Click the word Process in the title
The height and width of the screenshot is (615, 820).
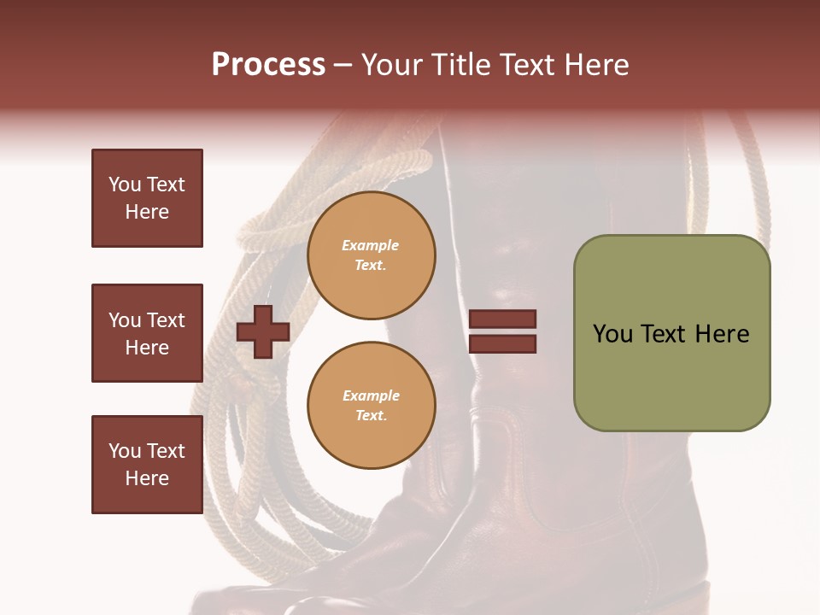click(268, 65)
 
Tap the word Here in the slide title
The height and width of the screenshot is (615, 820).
click(594, 65)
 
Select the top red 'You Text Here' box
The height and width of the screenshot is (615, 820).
click(147, 198)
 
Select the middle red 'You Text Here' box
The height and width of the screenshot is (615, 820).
click(147, 333)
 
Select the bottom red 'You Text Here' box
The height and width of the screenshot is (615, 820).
click(147, 465)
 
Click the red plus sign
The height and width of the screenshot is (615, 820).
click(263, 331)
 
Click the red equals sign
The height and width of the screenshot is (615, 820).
click(503, 331)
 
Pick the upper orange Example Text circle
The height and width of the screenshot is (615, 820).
click(371, 255)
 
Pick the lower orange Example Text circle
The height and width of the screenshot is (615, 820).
click(371, 406)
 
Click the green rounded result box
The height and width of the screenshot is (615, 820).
click(671, 333)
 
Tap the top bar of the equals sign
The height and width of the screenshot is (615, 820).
click(503, 319)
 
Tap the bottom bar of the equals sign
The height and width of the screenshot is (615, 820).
click(503, 344)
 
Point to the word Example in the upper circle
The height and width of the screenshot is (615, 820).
click(371, 245)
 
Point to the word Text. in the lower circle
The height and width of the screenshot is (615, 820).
click(371, 416)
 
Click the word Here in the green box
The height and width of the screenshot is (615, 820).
click(722, 334)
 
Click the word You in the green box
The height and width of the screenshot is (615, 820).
click(612, 334)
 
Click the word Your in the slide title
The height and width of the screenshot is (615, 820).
click(393, 65)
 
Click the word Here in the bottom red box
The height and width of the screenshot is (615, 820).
click(147, 478)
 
